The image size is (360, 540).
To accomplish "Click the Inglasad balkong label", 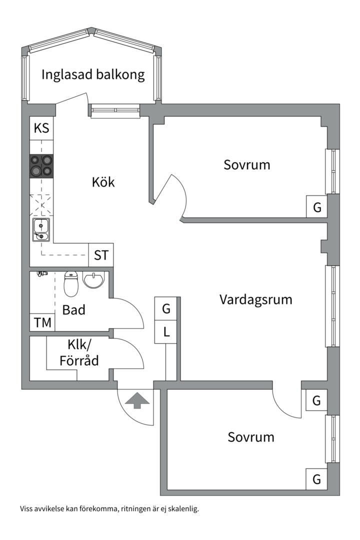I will coord(93,75).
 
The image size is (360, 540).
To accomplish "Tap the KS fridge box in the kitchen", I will coord(41,128).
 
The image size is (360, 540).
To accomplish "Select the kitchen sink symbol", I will coord(41,230).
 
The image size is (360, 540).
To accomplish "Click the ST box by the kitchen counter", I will coord(101,255).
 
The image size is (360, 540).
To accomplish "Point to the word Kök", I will coord(103,182).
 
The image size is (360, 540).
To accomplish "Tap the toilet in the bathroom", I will coord(71,284).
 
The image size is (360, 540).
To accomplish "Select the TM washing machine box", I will coord(42,323).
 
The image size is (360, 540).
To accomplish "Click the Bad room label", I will coord(73,310).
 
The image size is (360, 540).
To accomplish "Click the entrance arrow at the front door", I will coord(137,400).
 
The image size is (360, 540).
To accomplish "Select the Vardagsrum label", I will coord(255,299).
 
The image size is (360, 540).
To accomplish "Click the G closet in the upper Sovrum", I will coord(317,207).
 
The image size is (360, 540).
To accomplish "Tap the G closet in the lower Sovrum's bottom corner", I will coord(316,479).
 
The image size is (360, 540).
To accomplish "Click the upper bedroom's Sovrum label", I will coord(246,164).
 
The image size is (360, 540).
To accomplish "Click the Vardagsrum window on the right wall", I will coord(332,306).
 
